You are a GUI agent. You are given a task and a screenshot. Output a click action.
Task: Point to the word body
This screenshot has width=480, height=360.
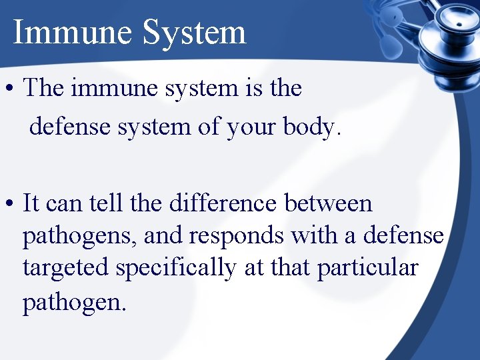[313, 127]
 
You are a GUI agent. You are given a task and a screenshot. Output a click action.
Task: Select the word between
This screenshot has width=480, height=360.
[328, 203]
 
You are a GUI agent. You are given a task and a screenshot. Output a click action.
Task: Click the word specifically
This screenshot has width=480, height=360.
[175, 268]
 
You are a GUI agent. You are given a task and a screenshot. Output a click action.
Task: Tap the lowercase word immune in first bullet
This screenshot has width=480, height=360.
[107, 87]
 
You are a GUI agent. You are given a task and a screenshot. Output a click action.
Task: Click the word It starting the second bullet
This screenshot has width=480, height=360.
[31, 203]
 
